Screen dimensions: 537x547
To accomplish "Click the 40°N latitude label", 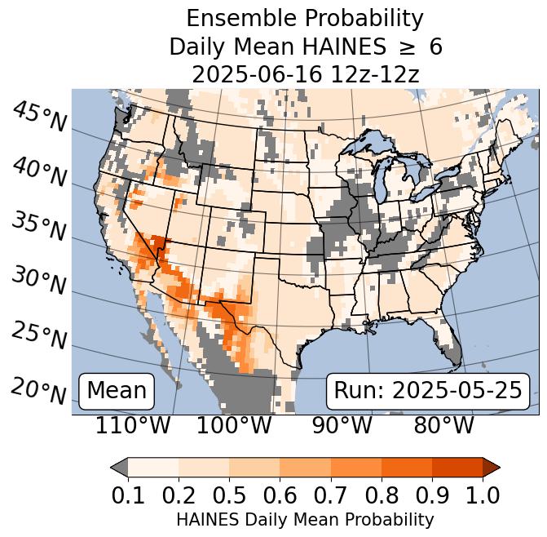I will pos(39,171).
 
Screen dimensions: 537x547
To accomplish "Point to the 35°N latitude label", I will pos(39,226).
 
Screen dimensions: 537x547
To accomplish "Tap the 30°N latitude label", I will pos(39,281).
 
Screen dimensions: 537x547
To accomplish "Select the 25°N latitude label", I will pos(39,335).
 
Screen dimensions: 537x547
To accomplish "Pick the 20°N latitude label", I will pos(39,390).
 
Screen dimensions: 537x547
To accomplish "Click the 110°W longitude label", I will pos(133,426).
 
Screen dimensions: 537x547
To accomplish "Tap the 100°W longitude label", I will pos(235,426).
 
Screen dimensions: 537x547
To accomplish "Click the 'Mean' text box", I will pos(117,391).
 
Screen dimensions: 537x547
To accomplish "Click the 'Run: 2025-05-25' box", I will pos(428,391).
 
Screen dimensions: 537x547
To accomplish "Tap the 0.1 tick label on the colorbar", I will pos(128,495).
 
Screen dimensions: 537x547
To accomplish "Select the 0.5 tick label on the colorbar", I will pos(229,495).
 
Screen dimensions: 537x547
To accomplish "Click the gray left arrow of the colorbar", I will pos(120,468).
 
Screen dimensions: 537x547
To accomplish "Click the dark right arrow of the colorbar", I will pos(491,468).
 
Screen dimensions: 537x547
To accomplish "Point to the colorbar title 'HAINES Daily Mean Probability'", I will pos(305,519).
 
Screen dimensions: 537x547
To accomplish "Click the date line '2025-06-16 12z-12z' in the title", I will pos(305,74).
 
